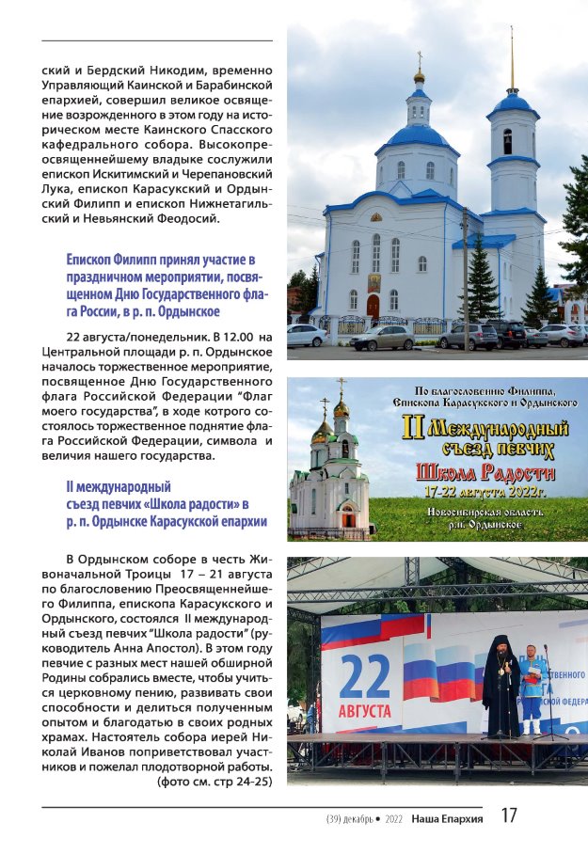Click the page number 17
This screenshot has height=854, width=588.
pyautogui.click(x=508, y=816)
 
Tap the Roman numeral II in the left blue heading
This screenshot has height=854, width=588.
pyautogui.click(x=71, y=487)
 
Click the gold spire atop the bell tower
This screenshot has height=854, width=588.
pyautogui.click(x=512, y=58)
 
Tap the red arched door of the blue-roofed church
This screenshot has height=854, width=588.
pyautogui.click(x=373, y=307)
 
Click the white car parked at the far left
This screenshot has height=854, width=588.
pyautogui.click(x=307, y=336)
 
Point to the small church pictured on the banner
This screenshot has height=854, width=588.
pyautogui.click(x=330, y=475)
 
